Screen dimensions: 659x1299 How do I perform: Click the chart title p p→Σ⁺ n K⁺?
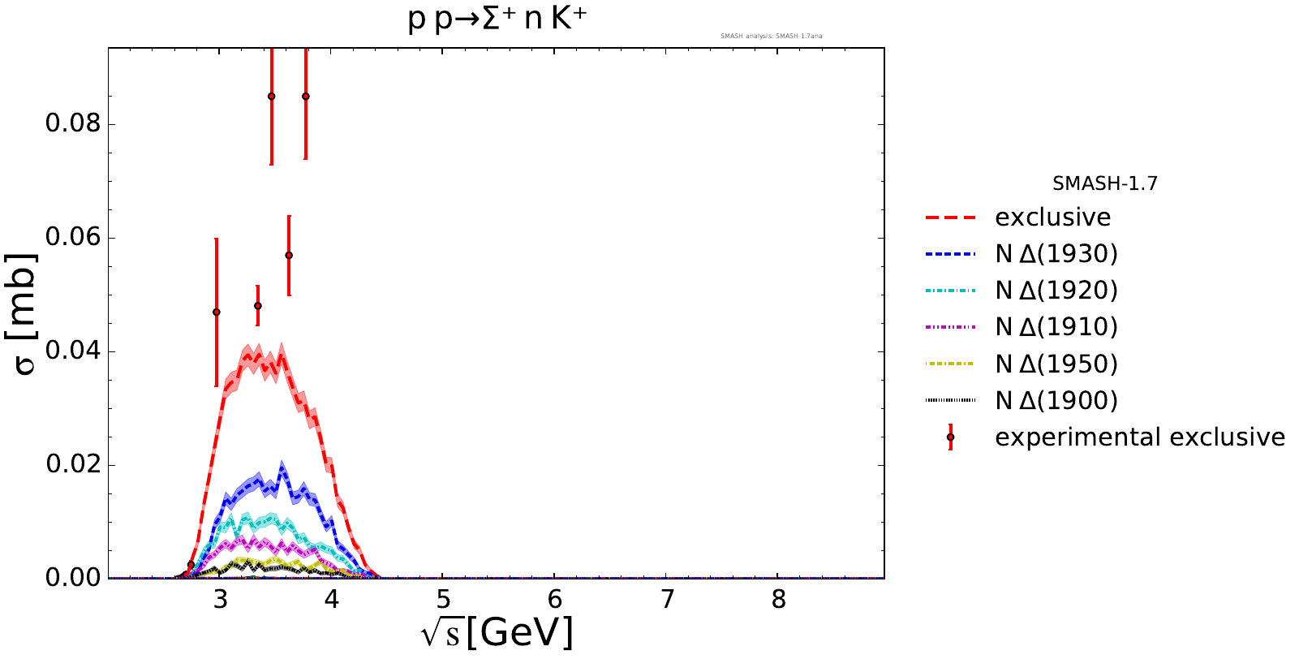(x=497, y=19)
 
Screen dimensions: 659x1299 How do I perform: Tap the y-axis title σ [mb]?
(x=26, y=313)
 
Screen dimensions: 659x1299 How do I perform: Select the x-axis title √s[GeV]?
(x=497, y=633)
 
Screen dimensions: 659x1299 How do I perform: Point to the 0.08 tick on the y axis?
(x=72, y=124)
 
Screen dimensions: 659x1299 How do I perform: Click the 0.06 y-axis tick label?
(x=72, y=238)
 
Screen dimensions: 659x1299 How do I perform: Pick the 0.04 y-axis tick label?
(x=72, y=351)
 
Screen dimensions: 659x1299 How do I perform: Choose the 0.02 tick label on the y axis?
(x=72, y=464)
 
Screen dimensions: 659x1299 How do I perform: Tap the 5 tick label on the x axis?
(x=443, y=600)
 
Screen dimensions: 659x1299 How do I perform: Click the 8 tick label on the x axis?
(x=779, y=600)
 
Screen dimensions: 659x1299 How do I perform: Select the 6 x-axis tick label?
(x=555, y=600)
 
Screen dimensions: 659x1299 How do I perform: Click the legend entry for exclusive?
(x=1052, y=218)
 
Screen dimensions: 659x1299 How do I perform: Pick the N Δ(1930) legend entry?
(x=1056, y=254)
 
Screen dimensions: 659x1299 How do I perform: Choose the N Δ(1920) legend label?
(x=1056, y=291)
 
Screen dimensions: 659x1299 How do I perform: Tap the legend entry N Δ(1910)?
(x=1056, y=327)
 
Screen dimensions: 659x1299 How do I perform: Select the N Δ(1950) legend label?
(x=1056, y=364)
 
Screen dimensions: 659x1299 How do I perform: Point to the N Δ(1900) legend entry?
(x=1056, y=400)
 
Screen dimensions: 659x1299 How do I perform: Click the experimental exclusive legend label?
(x=1139, y=437)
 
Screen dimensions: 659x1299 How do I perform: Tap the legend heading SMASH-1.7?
(x=1104, y=184)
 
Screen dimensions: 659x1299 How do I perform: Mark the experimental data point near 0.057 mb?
(x=289, y=256)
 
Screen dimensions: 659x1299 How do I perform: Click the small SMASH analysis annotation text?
(x=771, y=37)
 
